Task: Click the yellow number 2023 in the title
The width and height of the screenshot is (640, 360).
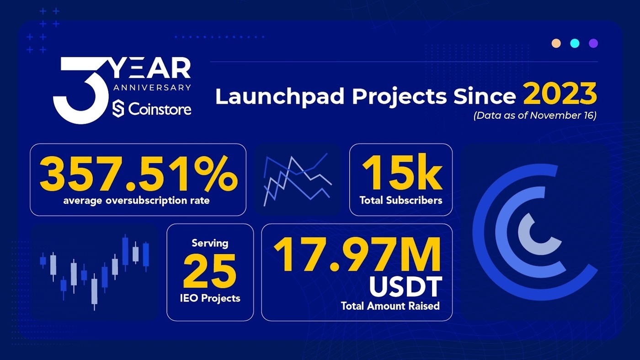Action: (560, 94)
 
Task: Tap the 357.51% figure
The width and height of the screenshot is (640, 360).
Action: (139, 174)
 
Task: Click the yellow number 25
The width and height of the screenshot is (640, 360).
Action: (210, 271)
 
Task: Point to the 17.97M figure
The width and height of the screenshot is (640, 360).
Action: (357, 254)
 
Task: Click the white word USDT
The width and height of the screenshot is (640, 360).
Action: (405, 286)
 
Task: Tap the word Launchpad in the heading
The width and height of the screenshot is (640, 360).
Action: (280, 96)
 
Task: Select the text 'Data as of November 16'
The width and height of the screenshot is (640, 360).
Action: (535, 115)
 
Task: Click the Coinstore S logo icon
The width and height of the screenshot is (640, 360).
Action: (118, 109)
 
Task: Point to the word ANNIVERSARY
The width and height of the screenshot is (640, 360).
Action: (152, 87)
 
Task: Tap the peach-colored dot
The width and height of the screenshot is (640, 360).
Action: (556, 43)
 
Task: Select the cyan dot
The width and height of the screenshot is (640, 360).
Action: (575, 43)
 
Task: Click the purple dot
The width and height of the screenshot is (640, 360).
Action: (593, 43)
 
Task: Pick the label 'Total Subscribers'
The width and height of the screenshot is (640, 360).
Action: (401, 200)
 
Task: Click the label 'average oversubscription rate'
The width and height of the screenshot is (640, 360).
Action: (136, 201)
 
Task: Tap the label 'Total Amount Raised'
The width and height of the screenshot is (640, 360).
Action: (390, 306)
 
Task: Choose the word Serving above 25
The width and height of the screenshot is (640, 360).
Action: (210, 243)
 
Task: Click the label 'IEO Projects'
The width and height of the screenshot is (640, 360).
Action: (210, 298)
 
